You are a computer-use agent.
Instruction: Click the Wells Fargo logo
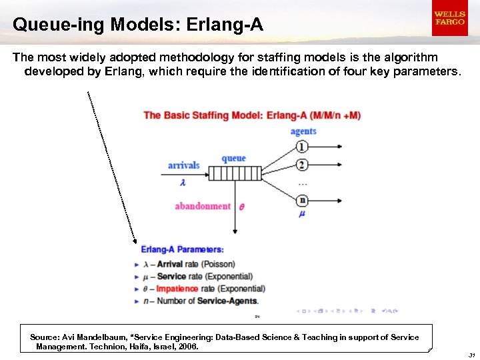[x=449, y=18]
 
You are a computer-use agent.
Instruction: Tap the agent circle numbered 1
[x=302, y=147]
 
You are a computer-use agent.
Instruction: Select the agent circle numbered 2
[x=302, y=165]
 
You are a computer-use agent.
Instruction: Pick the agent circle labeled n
[x=302, y=199]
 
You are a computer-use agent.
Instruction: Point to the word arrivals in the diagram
[x=184, y=165]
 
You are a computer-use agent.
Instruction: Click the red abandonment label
[x=203, y=206]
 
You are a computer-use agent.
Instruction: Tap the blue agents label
[x=303, y=131]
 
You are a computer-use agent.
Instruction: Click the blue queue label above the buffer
[x=233, y=159]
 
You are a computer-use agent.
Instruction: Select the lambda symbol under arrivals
[x=182, y=182]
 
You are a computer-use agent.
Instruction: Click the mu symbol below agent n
[x=301, y=214]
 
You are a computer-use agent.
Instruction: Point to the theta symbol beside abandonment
[x=241, y=207]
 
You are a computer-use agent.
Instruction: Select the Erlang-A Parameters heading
[x=182, y=249]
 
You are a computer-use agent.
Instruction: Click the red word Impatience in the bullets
[x=177, y=289]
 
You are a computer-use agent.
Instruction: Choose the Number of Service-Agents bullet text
[x=214, y=301]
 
